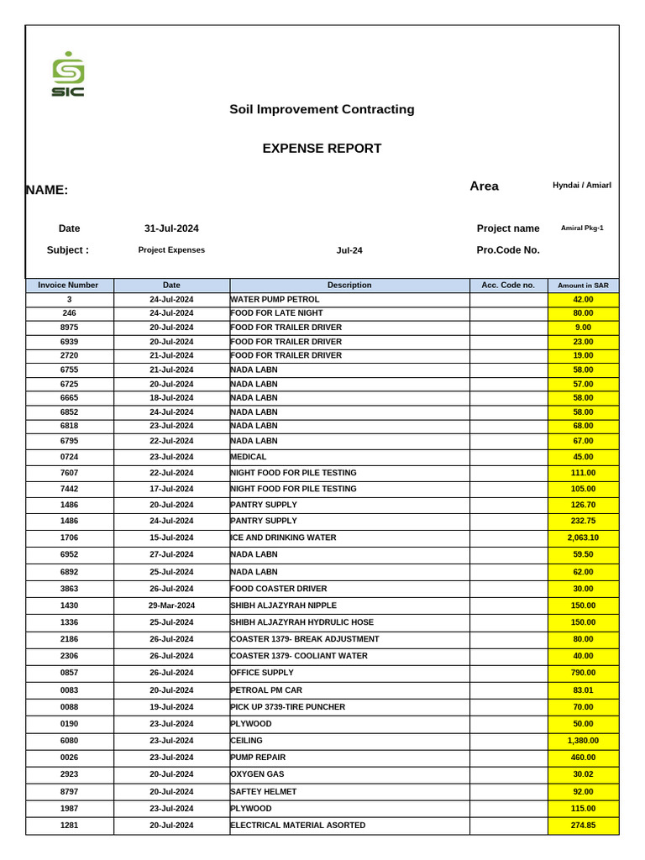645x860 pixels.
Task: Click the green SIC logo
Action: pos(68,75)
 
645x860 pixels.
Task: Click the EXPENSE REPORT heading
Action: pos(322,149)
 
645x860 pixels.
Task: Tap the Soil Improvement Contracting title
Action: pos(322,109)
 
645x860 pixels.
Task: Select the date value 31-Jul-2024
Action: pos(171,228)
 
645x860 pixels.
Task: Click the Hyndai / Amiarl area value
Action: pos(582,185)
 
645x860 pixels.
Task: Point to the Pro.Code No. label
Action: pos(507,250)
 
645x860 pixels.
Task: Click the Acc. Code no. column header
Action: pos(507,286)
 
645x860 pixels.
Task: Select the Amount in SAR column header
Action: pos(583,286)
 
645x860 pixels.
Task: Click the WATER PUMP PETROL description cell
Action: pos(275,299)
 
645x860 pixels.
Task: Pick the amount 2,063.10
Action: pos(583,537)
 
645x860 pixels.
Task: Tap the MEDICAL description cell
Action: pos(249,457)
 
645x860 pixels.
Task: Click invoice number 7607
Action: pos(70,473)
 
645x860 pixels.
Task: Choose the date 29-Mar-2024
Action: pos(171,606)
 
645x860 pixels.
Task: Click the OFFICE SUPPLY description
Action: pos(262,673)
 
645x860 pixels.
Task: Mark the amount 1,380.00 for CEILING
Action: pos(583,741)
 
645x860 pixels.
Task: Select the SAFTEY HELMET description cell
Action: pos(263,792)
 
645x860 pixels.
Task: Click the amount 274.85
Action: pos(583,826)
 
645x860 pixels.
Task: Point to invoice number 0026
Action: pos(70,758)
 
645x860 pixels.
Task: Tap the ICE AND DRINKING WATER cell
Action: pos(283,537)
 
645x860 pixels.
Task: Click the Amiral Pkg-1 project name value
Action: pos(582,228)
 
